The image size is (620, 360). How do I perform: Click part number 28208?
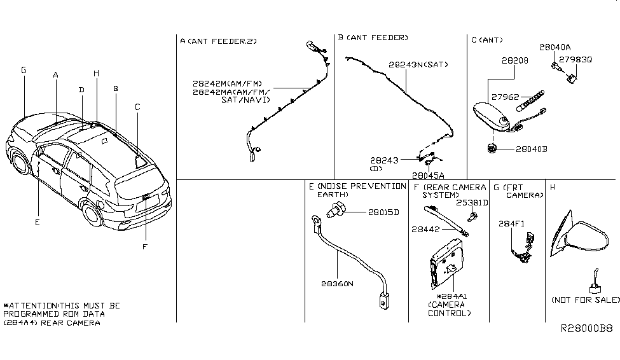[514, 61]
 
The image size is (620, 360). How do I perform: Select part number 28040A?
[555, 47]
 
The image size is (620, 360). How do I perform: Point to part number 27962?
[504, 97]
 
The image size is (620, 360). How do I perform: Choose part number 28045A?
[429, 175]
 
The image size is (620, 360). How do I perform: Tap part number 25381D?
[472, 203]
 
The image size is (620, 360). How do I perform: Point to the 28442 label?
[426, 228]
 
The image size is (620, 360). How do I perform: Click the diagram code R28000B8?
[586, 329]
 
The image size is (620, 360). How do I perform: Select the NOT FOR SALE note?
[585, 300]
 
